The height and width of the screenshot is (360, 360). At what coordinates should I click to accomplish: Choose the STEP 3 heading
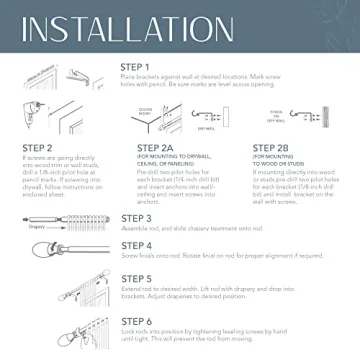136,218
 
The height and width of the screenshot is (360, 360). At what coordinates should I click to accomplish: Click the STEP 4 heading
136,245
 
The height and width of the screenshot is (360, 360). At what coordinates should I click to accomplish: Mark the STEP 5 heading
136,279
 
